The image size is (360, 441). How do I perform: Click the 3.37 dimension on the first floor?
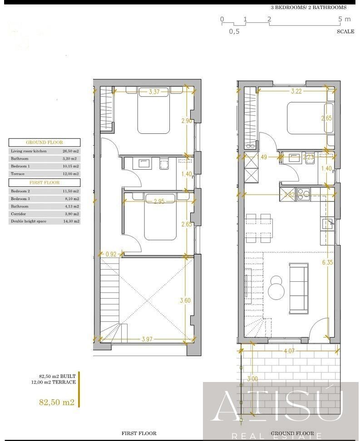coord(154,93)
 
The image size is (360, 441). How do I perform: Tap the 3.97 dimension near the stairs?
coord(146,339)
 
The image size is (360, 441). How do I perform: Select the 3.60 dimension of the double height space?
coord(185,301)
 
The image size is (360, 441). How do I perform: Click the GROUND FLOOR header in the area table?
coord(44,142)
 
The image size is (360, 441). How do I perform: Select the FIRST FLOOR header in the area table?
coord(44,182)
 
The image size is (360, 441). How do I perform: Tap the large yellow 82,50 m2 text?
coord(56,402)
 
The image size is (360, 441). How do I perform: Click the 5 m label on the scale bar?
coord(345,19)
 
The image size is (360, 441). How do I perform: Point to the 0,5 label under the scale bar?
coord(234,31)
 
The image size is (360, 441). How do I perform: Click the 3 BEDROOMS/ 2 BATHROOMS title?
coord(308,7)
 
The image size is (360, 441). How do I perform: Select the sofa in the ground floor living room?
coord(299,289)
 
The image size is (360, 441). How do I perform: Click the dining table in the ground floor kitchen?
coord(259,228)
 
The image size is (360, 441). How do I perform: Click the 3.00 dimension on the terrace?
coord(252,379)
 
